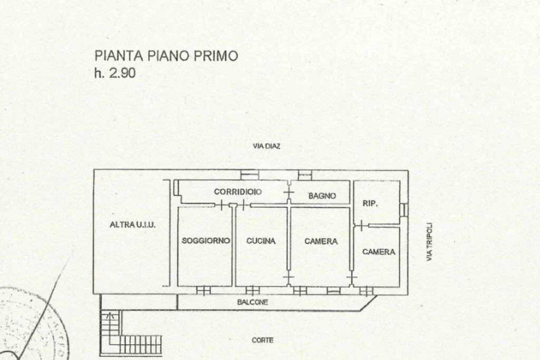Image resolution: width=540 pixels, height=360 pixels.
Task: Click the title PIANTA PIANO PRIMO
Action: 166,56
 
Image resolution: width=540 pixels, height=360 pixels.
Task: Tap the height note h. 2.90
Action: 115,73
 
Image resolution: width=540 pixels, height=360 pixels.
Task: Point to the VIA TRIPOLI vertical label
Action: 430,241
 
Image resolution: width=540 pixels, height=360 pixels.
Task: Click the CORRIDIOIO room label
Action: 238,192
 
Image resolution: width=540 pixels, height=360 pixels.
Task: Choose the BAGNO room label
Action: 322,196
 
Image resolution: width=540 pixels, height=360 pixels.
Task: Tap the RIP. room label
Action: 370,203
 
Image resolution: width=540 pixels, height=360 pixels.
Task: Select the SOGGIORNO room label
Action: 206,241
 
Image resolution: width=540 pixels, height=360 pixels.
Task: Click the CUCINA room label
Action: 261,241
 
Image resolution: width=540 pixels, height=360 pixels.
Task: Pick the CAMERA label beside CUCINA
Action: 321,241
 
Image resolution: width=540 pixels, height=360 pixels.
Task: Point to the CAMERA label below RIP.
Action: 379,252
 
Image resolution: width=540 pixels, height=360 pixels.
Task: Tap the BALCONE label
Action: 253,303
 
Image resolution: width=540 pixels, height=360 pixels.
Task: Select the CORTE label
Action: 262,340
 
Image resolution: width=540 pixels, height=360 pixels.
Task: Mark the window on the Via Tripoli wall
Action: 404,209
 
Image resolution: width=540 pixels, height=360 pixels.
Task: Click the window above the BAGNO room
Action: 305,175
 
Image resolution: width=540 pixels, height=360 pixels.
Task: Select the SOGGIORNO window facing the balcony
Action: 203,290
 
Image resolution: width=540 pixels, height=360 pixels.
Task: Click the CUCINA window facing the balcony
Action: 253,290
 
